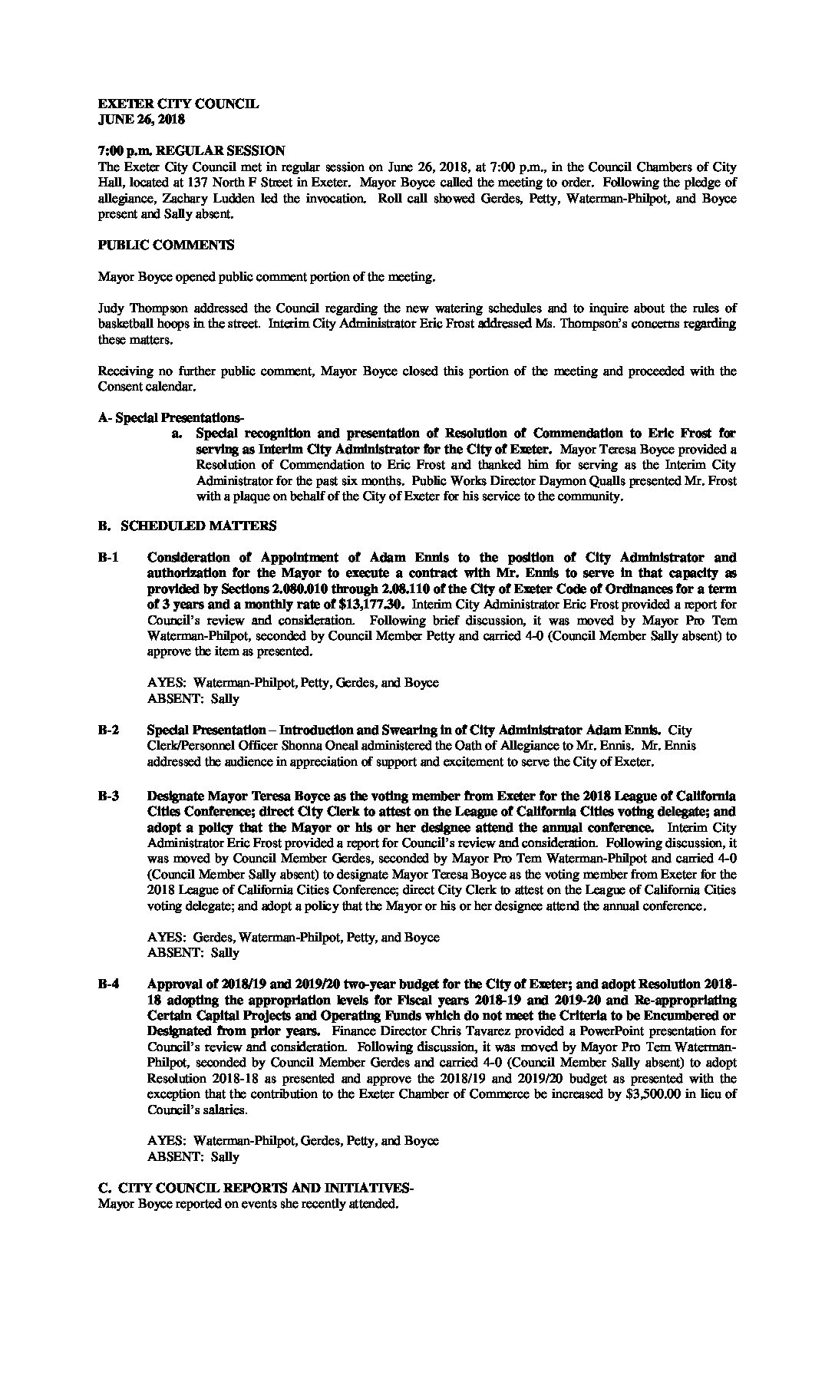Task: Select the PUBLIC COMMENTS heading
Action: [x=167, y=246]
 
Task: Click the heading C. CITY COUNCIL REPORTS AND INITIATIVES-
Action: [x=256, y=1189]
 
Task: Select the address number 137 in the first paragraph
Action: [x=202, y=183]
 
